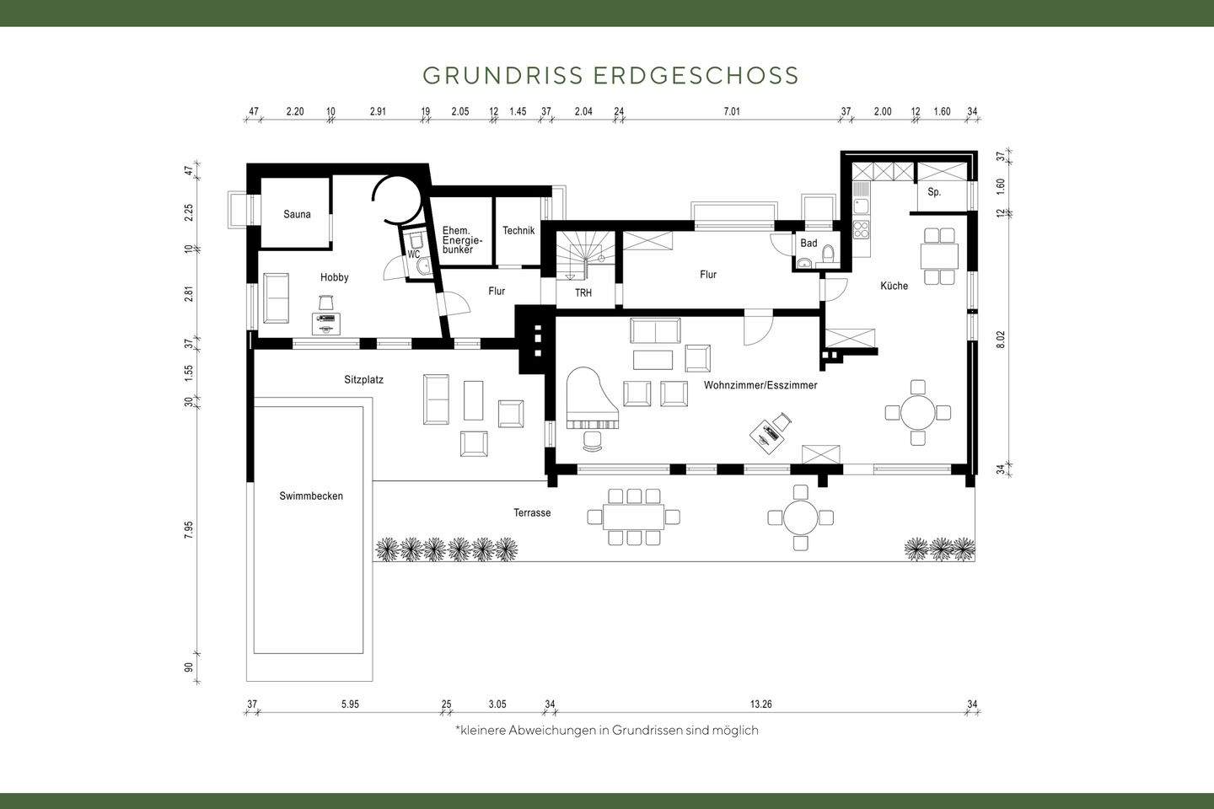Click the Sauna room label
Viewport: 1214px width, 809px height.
297,214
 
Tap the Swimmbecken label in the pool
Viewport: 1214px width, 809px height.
311,496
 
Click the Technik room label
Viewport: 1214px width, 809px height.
518,231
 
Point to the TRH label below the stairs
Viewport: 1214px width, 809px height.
583,293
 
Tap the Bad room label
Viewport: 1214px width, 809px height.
808,244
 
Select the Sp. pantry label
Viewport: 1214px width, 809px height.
934,192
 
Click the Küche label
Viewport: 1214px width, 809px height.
894,286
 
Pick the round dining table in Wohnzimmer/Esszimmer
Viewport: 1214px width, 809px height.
918,413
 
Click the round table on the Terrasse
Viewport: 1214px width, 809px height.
800,517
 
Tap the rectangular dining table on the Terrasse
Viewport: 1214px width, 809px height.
633,517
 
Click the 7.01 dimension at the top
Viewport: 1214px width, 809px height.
731,111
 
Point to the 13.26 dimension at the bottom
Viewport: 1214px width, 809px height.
760,705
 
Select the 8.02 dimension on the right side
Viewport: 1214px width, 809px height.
1001,339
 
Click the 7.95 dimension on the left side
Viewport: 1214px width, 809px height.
189,529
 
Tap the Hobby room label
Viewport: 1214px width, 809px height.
334,277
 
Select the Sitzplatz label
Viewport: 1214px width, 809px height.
363,380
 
